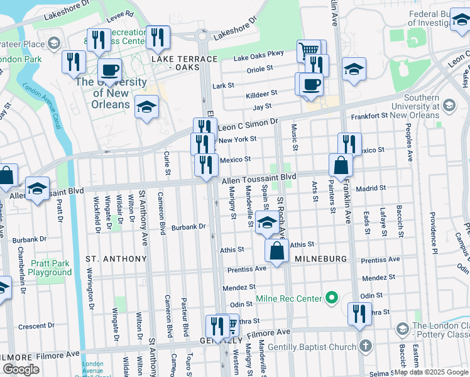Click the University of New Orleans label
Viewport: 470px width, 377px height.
tap(111, 93)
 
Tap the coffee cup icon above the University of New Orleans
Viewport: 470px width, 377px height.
tap(109, 70)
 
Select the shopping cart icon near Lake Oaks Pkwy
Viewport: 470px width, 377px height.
tap(309, 50)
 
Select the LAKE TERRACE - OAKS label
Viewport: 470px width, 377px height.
tap(183, 63)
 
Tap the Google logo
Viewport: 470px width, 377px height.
tap(21, 369)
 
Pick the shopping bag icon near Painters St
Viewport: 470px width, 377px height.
tap(340, 165)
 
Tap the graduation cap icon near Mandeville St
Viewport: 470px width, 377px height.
tap(267, 222)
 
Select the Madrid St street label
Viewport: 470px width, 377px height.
tap(371, 188)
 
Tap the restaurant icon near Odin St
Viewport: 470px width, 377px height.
tap(359, 314)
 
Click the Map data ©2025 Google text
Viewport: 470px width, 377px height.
tap(431, 372)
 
